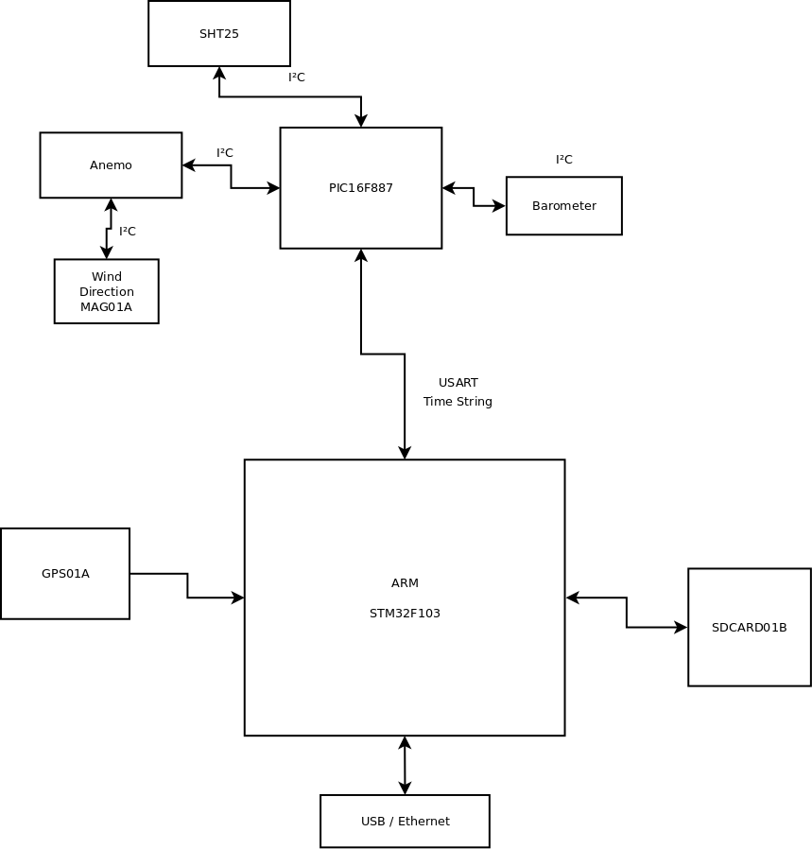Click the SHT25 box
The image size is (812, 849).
(219, 34)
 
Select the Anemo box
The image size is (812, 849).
(111, 165)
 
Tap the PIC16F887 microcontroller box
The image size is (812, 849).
(361, 188)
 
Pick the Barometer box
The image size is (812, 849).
(564, 206)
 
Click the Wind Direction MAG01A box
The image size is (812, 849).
(107, 291)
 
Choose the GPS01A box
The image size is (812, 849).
(65, 574)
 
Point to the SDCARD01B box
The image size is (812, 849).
(749, 627)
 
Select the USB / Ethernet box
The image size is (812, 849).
(405, 821)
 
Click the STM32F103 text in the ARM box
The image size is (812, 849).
(405, 614)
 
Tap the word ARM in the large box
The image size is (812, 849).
(405, 583)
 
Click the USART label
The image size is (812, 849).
(458, 383)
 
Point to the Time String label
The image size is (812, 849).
(458, 402)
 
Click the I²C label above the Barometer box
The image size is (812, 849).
(564, 160)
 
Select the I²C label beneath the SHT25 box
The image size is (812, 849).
(297, 78)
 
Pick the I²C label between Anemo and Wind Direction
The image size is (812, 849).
(128, 232)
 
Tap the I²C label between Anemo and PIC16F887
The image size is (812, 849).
(225, 153)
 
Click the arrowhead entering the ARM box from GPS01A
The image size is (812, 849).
(237, 598)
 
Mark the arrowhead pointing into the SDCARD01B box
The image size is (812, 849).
(681, 627)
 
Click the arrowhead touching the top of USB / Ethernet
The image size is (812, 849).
(405, 788)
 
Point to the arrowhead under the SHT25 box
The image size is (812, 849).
(219, 73)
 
